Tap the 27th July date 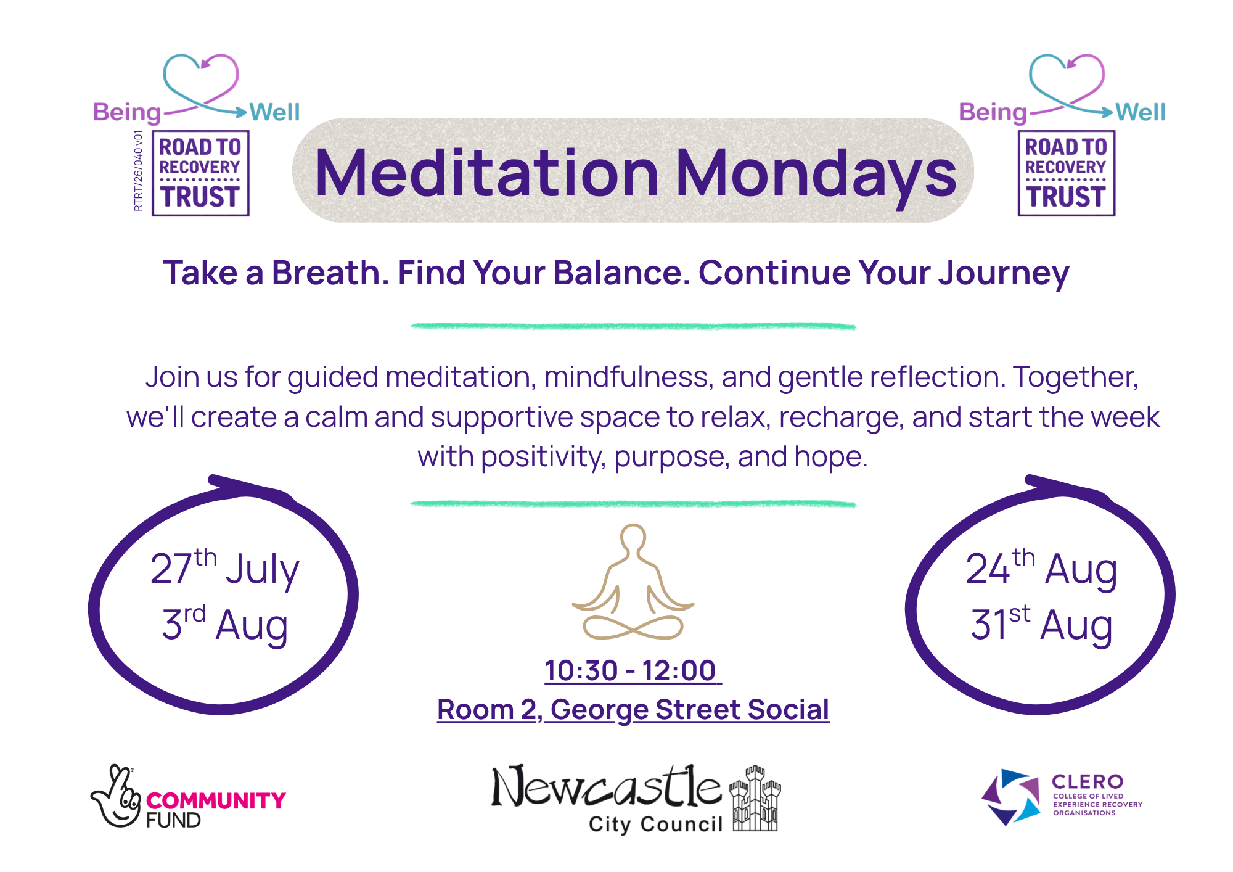click(x=225, y=567)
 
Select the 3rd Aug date click(x=225, y=624)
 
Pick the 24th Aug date click(x=1041, y=567)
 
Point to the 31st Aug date click(x=1041, y=624)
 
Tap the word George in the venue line click(x=599, y=710)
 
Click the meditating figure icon click(x=633, y=582)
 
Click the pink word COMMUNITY click(x=216, y=800)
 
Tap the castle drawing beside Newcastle click(x=755, y=799)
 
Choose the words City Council click(x=655, y=825)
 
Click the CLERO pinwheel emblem click(x=1010, y=796)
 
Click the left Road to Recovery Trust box click(x=201, y=173)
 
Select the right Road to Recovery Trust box click(x=1067, y=173)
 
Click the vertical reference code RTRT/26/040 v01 click(x=138, y=171)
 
